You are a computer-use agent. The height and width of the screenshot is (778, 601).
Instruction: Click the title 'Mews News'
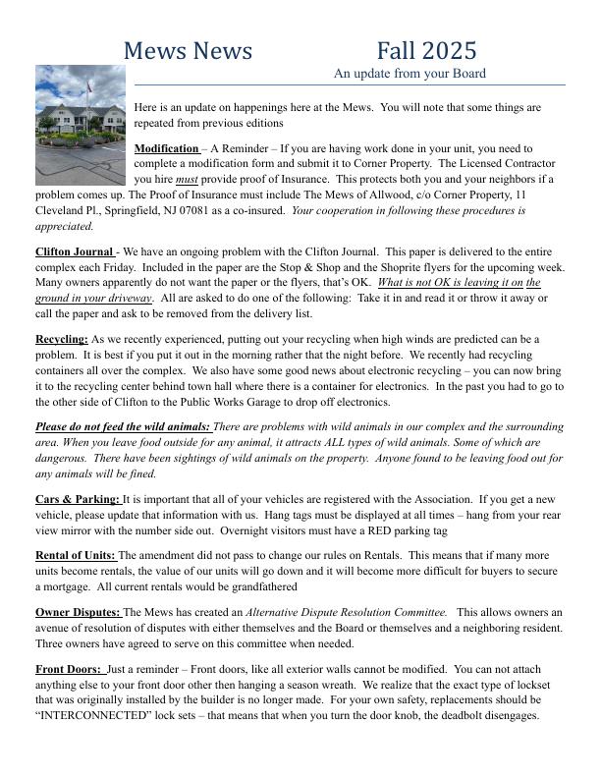pyautogui.click(x=189, y=50)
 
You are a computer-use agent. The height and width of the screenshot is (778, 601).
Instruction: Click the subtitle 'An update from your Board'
pyautogui.click(x=410, y=74)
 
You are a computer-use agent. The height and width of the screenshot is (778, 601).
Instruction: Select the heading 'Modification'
pyautogui.click(x=166, y=147)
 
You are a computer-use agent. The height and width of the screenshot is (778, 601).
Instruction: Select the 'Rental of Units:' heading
pyautogui.click(x=75, y=555)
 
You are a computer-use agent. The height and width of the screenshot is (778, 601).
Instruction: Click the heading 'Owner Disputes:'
pyautogui.click(x=78, y=612)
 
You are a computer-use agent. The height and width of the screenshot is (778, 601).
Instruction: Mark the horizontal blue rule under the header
pyautogui.click(x=349, y=84)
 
